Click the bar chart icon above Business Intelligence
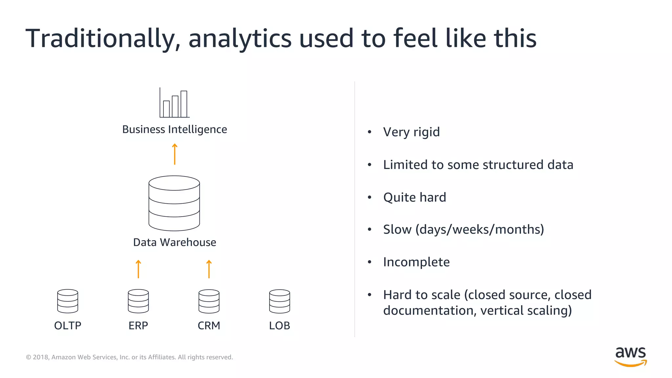point(175,103)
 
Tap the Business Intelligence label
point(175,129)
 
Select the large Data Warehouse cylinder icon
point(174,203)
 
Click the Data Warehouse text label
point(175,242)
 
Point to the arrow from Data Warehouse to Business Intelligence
point(175,154)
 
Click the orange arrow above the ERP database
point(138,269)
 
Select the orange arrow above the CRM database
point(209,269)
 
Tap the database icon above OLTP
point(68,301)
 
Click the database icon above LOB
point(280,301)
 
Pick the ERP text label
point(138,325)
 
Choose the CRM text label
point(209,325)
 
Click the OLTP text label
point(68,325)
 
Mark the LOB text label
point(280,325)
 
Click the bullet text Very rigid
point(411,132)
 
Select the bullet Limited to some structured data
point(478,165)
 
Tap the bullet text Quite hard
point(415,198)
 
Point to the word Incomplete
point(416,262)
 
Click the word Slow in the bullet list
point(397,230)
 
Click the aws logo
point(630,356)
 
